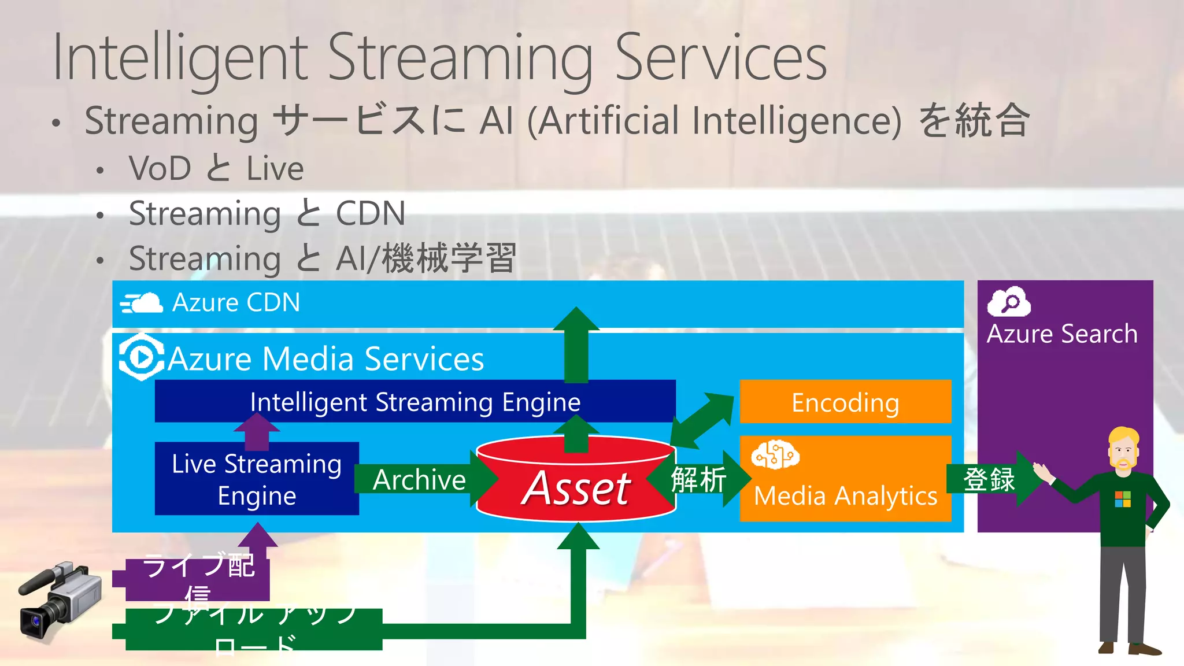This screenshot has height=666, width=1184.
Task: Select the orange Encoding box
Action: (845, 402)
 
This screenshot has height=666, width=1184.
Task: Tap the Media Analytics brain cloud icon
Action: (775, 455)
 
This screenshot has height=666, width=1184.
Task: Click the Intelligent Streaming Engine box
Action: (415, 401)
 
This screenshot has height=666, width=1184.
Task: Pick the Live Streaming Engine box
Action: (257, 479)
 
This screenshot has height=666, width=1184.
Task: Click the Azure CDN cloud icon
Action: (142, 303)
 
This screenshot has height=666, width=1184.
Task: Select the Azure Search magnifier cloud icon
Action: (1009, 302)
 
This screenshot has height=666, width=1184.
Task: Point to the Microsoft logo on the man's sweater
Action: (1122, 499)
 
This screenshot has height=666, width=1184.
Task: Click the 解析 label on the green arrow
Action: (698, 479)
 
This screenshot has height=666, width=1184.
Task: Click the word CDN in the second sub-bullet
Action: (371, 213)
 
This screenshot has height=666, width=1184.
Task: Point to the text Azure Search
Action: (1062, 334)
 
